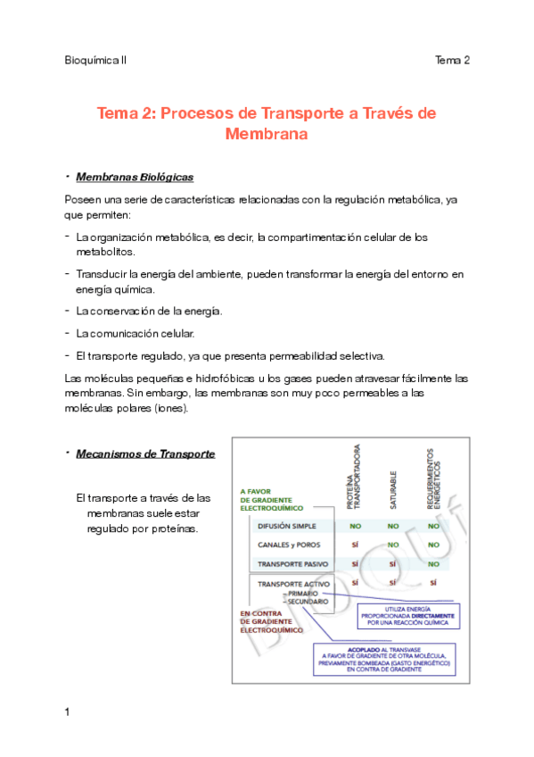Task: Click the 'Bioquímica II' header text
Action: click(96, 60)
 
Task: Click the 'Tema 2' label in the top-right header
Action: click(452, 60)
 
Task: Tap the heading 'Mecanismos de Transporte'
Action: click(145, 453)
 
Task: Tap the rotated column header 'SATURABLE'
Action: click(392, 490)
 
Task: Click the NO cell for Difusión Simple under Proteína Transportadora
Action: click(355, 526)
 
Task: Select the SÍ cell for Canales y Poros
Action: click(355, 545)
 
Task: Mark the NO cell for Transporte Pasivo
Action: click(433, 564)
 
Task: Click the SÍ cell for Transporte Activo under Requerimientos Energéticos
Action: click(433, 584)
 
